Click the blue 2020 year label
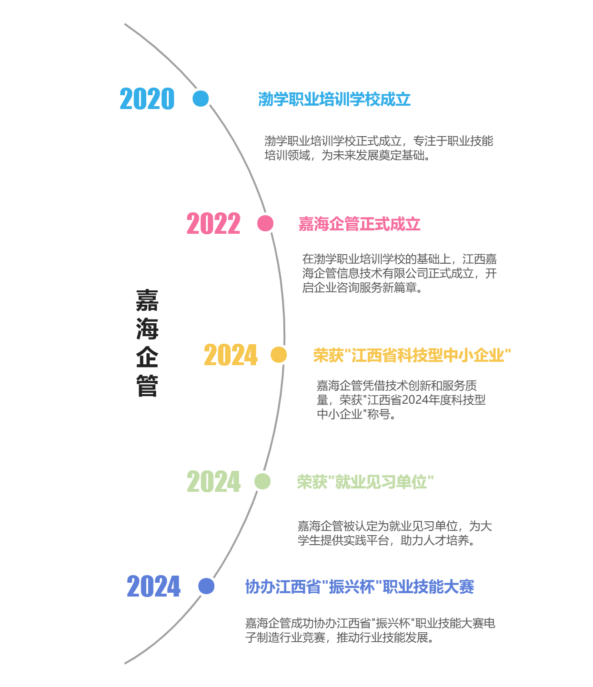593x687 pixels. coord(147,99)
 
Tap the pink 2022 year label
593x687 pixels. coord(213,223)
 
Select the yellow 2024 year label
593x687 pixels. coord(231,355)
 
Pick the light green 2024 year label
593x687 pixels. coord(214,481)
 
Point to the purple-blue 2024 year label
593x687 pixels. coord(154,587)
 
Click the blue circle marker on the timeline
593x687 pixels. coord(201,99)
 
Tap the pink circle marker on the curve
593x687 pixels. coord(265,223)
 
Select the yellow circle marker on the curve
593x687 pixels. coord(279,355)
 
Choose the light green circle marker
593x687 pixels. coord(262,481)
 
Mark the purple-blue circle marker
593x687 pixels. coord(206,586)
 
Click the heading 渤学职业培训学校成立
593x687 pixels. coord(334,99)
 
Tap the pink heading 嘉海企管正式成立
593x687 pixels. coord(360,224)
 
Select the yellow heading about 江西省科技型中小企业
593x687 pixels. coord(412,355)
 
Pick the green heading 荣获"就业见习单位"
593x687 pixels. coord(365,482)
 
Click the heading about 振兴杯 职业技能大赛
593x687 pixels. coord(360,587)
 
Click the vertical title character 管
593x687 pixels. coord(147,386)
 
